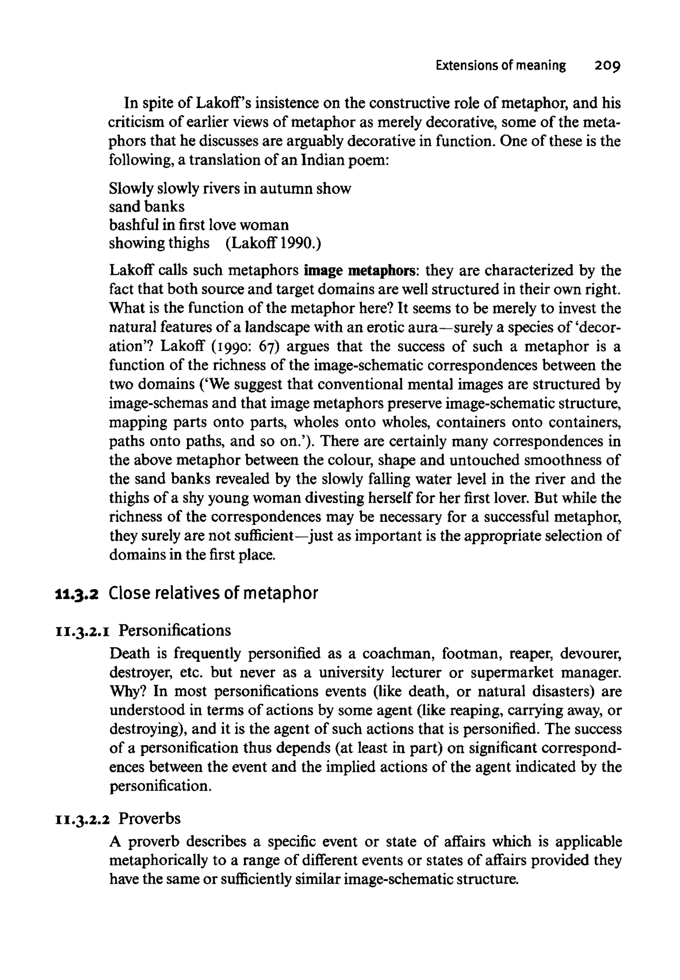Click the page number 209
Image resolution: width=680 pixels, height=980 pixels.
[602, 66]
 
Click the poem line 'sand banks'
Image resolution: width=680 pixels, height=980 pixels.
[146, 206]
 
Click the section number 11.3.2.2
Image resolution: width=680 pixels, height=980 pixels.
[83, 819]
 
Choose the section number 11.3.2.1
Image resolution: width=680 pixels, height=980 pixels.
[81, 631]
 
